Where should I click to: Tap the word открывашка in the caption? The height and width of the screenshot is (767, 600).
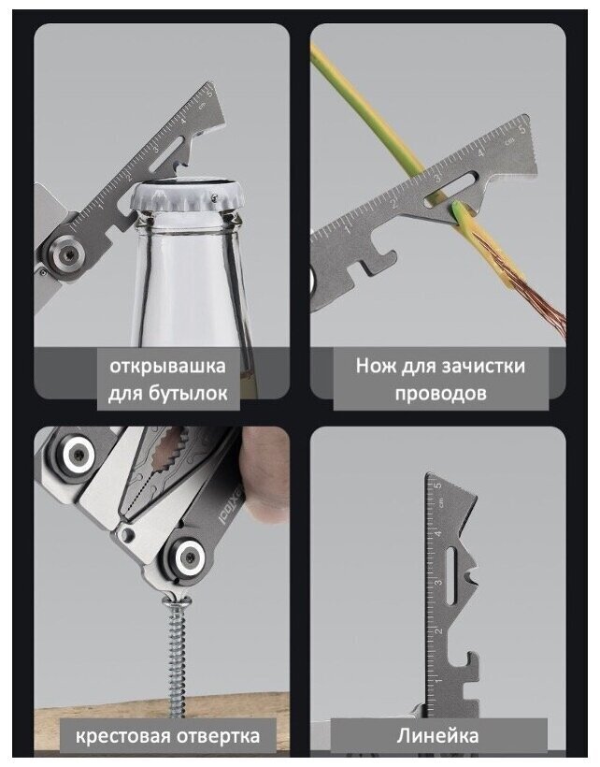167,366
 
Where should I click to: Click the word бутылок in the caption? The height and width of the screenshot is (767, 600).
195,393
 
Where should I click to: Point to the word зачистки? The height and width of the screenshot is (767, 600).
483,367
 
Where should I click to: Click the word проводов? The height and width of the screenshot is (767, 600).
441,393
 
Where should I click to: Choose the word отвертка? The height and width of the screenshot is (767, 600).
219,736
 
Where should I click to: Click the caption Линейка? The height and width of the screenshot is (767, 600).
437,736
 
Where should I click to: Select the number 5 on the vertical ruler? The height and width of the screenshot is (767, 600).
437,485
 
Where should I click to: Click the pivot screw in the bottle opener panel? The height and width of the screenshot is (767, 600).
66,253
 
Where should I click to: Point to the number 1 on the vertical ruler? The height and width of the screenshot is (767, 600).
438,680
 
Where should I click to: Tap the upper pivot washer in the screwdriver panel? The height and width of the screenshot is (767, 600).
78,454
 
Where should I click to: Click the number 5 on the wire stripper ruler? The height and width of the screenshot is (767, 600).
521,129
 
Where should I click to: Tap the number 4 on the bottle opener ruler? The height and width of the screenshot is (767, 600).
184,120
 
